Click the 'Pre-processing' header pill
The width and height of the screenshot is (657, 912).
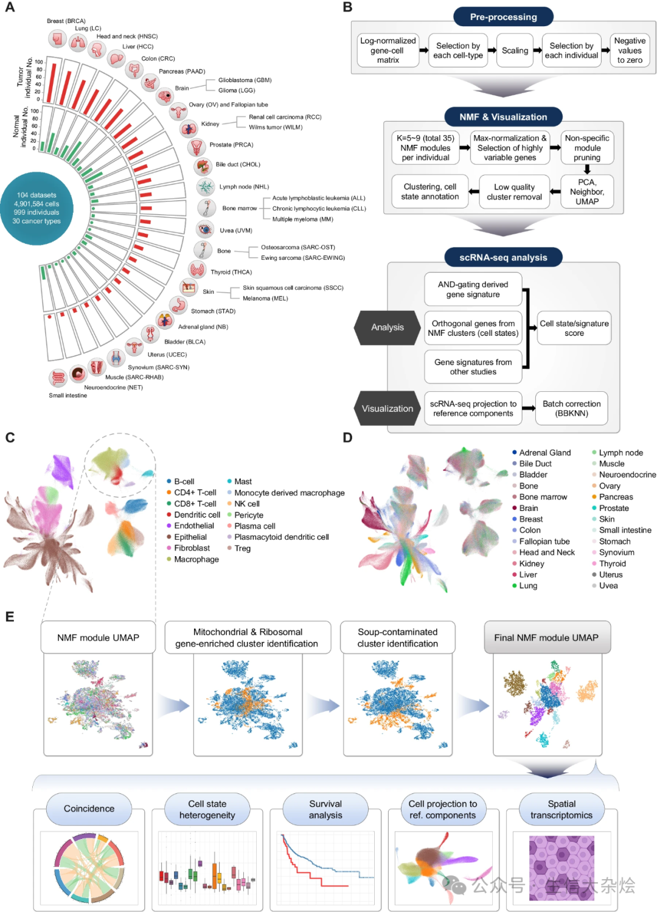[503, 17]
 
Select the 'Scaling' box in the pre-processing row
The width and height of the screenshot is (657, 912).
[515, 50]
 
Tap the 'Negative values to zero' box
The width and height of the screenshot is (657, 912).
[630, 50]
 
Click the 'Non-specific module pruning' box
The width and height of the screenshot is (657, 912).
[587, 148]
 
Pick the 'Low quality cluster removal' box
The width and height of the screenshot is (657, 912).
[514, 192]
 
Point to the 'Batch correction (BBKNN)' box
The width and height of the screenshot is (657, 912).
[571, 408]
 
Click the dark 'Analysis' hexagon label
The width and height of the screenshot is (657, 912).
[388, 327]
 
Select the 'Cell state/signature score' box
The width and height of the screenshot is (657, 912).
[574, 328]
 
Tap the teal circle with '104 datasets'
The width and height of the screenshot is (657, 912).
[37, 208]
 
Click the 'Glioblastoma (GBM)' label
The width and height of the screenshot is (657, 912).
[245, 80]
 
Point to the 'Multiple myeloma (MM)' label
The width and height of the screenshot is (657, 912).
[302, 219]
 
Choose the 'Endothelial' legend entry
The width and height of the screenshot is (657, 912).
[193, 526]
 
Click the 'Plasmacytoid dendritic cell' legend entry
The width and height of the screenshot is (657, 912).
[281, 537]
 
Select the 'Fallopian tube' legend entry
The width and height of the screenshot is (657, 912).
[544, 541]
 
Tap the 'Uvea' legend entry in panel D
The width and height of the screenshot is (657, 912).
[608, 586]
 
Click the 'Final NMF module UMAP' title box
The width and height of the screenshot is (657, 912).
[546, 638]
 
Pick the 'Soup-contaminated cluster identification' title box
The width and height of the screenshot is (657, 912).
[397, 638]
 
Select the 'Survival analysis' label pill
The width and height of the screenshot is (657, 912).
[325, 810]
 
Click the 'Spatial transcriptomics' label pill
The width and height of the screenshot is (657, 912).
[561, 810]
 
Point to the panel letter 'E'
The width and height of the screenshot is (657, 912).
[10, 617]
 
